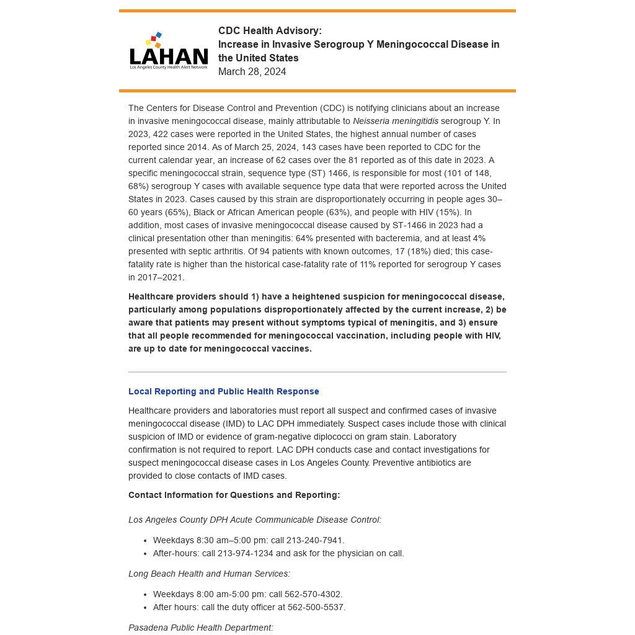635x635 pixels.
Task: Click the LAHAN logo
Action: tap(169, 51)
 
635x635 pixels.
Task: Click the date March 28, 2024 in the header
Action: tap(252, 72)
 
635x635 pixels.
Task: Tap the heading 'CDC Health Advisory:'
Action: tap(270, 31)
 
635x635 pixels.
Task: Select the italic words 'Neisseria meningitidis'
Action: tap(395, 121)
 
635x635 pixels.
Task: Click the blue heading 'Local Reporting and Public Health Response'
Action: tap(223, 391)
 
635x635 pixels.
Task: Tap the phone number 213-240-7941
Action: tap(314, 540)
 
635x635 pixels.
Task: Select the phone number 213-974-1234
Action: tap(245, 553)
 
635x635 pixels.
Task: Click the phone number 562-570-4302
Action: tap(313, 594)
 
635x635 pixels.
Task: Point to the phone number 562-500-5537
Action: tap(316, 607)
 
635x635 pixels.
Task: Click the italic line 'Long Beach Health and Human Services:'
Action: tap(209, 574)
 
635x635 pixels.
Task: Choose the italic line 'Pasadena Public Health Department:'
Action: tap(200, 628)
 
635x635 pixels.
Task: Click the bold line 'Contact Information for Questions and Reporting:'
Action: tap(234, 495)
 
